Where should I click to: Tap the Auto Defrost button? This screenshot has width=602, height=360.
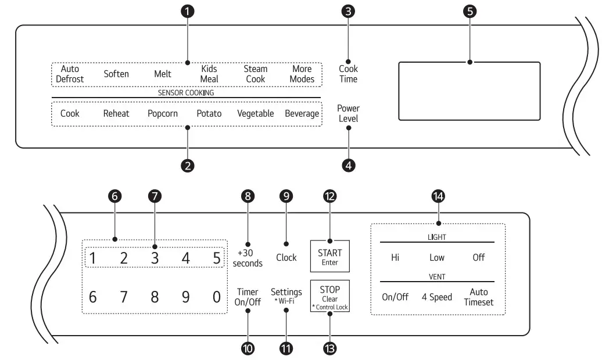pyautogui.click(x=70, y=74)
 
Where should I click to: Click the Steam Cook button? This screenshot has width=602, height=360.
pyautogui.click(x=255, y=74)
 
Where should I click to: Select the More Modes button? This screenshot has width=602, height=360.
pyautogui.click(x=302, y=74)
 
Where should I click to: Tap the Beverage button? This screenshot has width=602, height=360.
pyautogui.click(x=302, y=114)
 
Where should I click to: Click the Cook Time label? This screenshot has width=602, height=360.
pyautogui.click(x=349, y=74)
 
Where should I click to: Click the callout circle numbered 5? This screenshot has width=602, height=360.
pyautogui.click(x=469, y=11)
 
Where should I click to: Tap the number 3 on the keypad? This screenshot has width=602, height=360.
pyautogui.click(x=155, y=258)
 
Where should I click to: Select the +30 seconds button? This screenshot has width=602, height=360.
pyautogui.click(x=248, y=258)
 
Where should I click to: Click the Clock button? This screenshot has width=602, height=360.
pyautogui.click(x=286, y=257)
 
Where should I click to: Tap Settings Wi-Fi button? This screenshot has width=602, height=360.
pyautogui.click(x=286, y=296)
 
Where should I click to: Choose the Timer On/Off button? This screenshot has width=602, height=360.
pyautogui.click(x=248, y=297)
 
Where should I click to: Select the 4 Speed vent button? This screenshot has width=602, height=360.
pyautogui.click(x=436, y=297)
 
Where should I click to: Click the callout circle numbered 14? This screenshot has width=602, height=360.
pyautogui.click(x=438, y=197)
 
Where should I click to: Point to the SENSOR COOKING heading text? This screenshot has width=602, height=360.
pyautogui.click(x=186, y=92)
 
